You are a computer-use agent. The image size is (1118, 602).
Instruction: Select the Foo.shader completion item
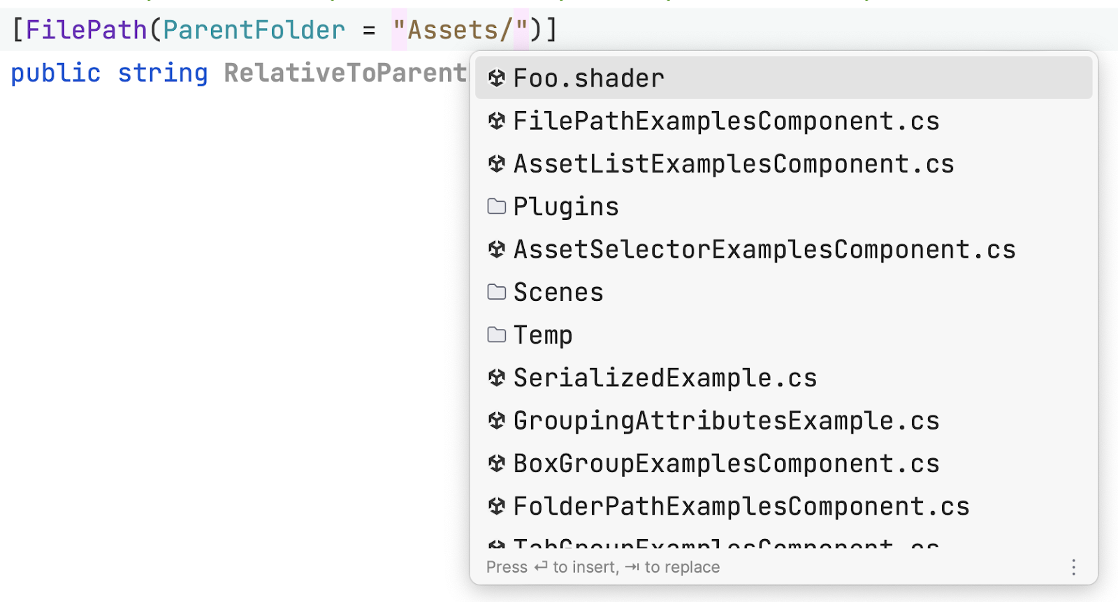(x=588, y=78)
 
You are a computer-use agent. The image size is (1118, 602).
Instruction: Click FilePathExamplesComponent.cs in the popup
(x=726, y=122)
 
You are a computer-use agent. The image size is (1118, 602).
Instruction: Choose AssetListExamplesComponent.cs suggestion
(x=733, y=164)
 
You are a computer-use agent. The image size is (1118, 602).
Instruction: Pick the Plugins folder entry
(x=565, y=207)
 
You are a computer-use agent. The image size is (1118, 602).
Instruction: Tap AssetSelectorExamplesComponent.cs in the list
(x=764, y=249)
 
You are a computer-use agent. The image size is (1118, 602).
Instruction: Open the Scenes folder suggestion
(x=558, y=293)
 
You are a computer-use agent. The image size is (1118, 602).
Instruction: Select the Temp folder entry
(x=542, y=335)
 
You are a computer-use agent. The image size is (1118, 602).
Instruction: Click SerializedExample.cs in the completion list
(x=665, y=378)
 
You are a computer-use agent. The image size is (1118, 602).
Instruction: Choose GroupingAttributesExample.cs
(x=726, y=420)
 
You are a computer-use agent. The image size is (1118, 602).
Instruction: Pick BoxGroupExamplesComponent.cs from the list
(x=726, y=464)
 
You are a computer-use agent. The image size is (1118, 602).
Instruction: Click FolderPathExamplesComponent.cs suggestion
(x=741, y=506)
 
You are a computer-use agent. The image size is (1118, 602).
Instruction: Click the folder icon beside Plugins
(x=497, y=207)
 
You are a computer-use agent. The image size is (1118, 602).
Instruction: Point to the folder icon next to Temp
(x=497, y=335)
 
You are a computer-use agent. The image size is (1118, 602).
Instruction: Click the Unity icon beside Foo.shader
(x=497, y=78)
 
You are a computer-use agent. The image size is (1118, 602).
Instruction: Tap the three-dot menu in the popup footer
(x=1073, y=567)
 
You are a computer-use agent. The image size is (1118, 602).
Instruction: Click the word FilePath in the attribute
(x=86, y=30)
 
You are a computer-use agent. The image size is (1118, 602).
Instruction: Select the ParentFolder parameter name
(x=254, y=30)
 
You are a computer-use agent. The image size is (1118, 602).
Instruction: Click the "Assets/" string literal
(x=460, y=30)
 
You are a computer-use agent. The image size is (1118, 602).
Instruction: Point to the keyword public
(x=55, y=73)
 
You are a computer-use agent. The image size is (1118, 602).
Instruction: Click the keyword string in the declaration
(x=163, y=73)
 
